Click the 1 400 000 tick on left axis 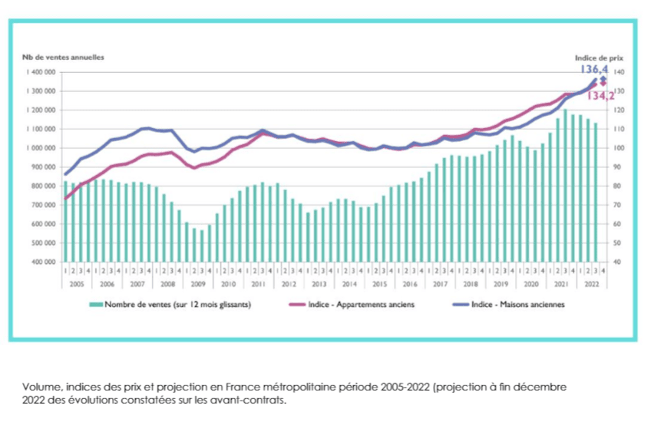click(40, 71)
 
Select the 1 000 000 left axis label click(40, 147)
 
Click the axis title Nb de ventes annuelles click(62, 57)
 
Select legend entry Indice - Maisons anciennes click(517, 304)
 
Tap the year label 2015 click(380, 283)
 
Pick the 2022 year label click(593, 283)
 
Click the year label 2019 click(501, 283)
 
